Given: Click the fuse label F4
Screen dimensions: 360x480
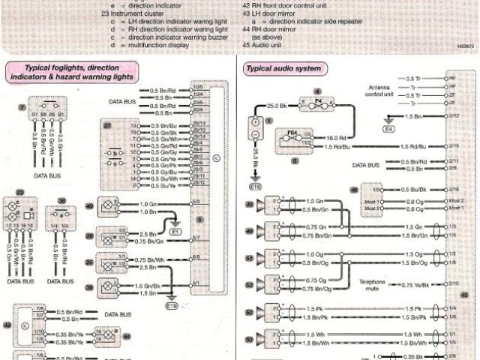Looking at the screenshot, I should [316, 98].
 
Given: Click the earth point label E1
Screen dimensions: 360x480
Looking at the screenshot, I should [175, 232].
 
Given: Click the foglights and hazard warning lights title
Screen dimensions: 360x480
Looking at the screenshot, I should [70, 72].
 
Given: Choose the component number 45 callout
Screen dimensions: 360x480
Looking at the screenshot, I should [463, 295].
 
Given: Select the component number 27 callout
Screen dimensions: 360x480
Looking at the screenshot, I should [107, 124].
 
